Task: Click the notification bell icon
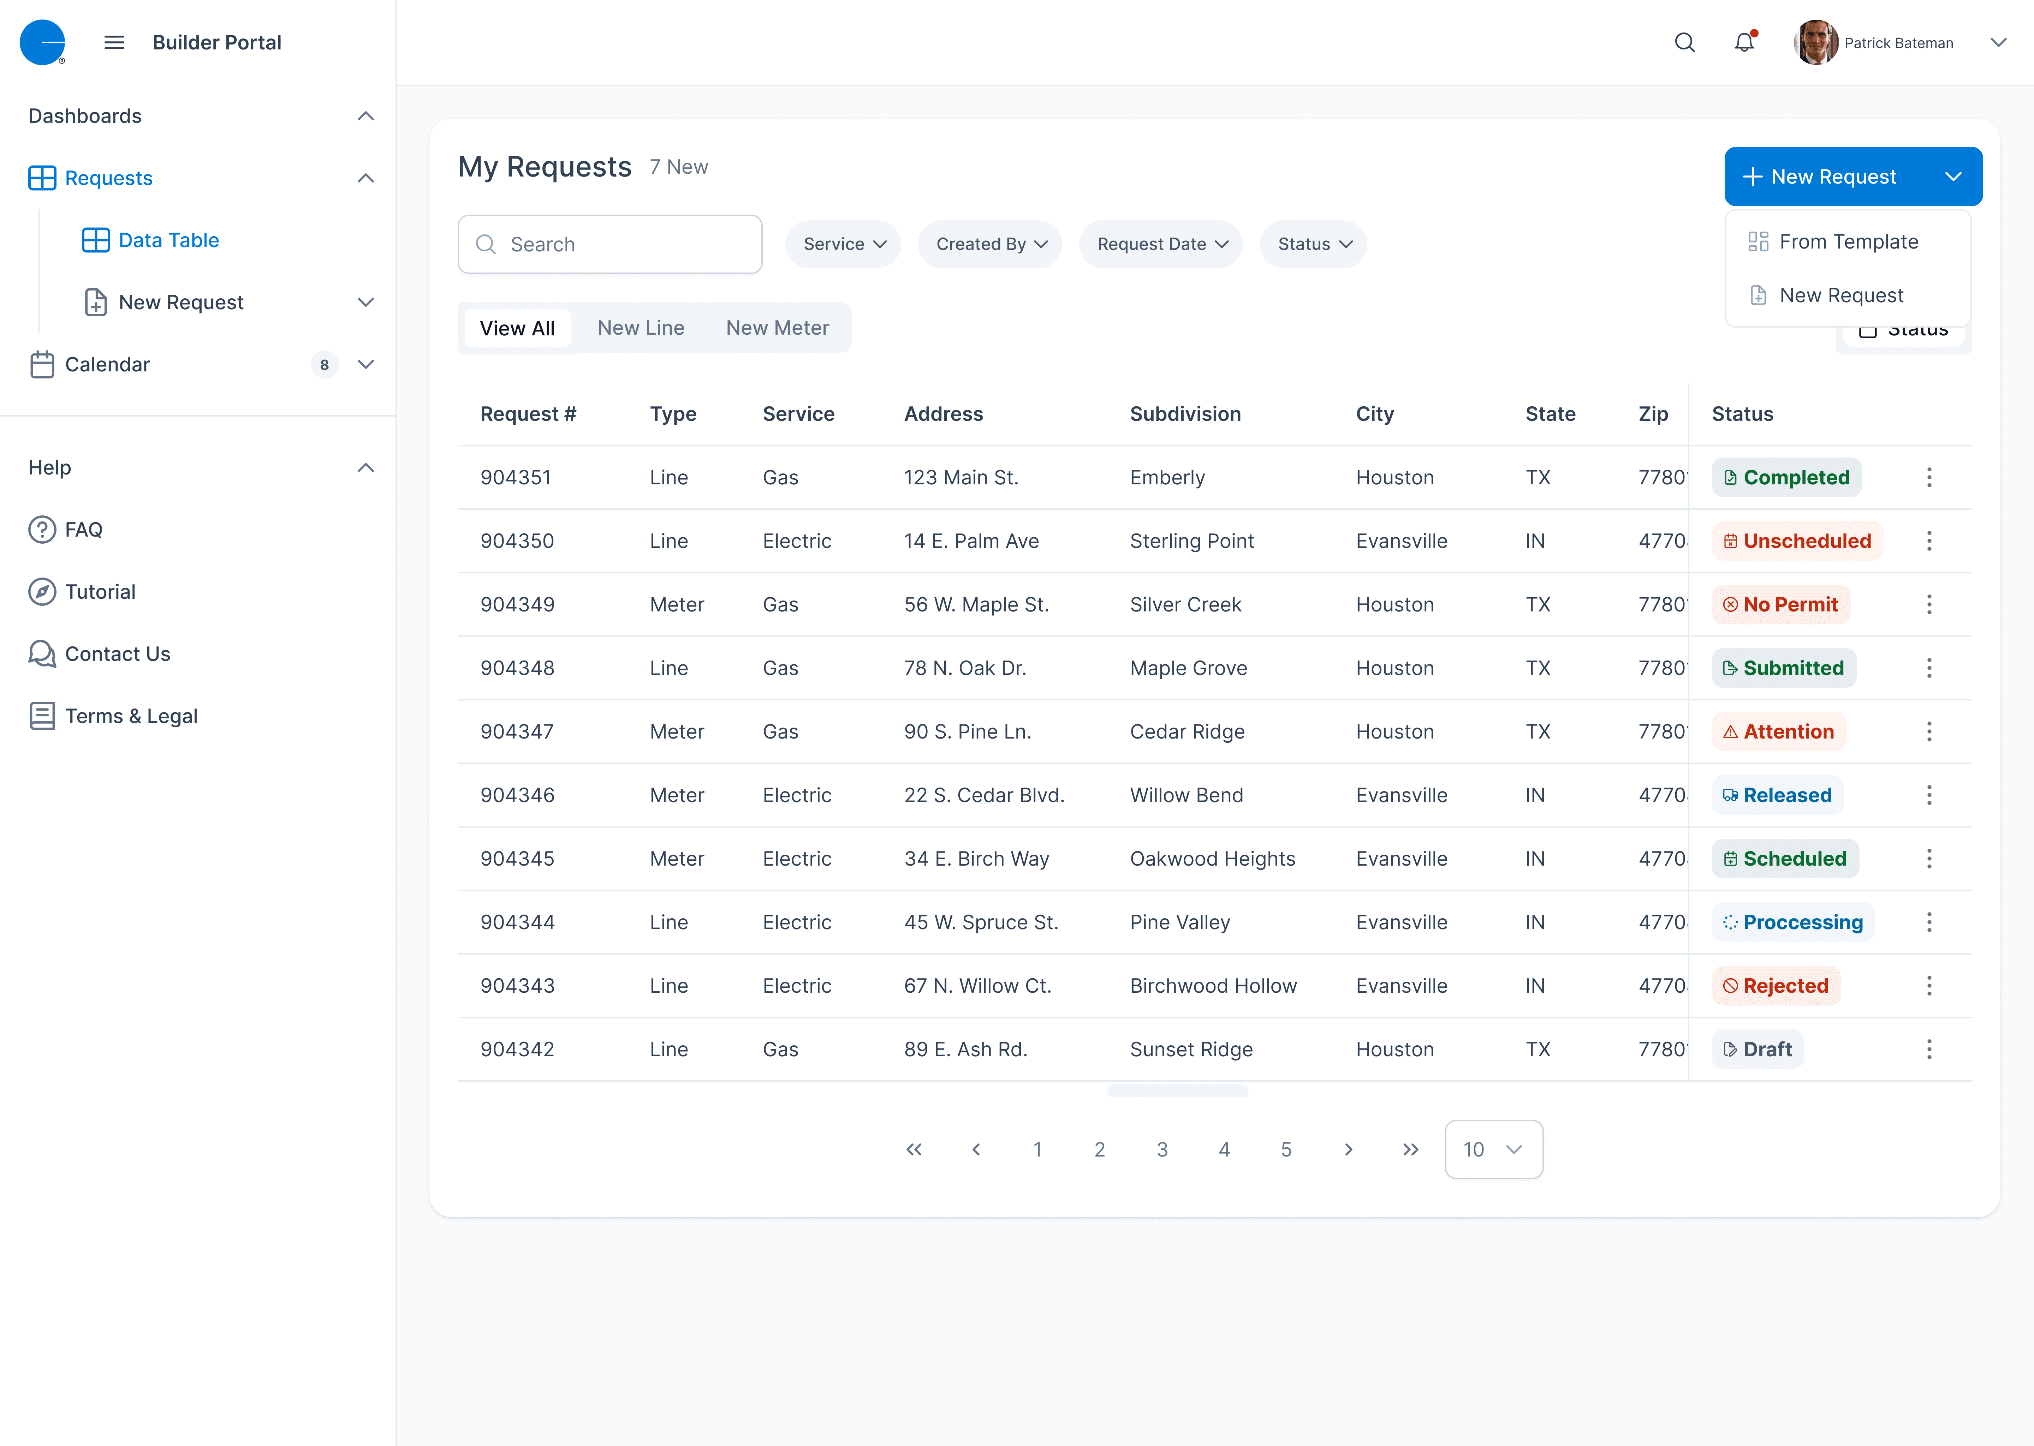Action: [x=1744, y=43]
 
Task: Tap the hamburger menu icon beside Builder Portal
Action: [x=114, y=43]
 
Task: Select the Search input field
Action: [x=610, y=244]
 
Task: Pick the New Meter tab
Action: [x=778, y=328]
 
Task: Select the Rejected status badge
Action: [x=1776, y=986]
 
